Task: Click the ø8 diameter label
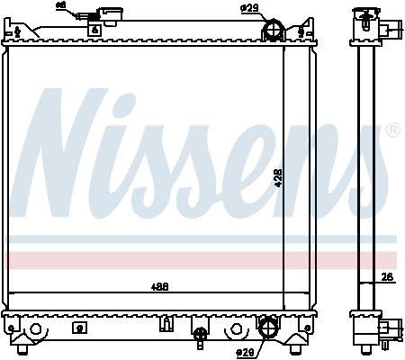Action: click(86, 5)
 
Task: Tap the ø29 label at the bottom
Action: click(244, 351)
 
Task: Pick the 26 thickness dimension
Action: click(387, 277)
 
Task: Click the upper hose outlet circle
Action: click(272, 32)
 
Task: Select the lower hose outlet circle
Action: click(266, 328)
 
